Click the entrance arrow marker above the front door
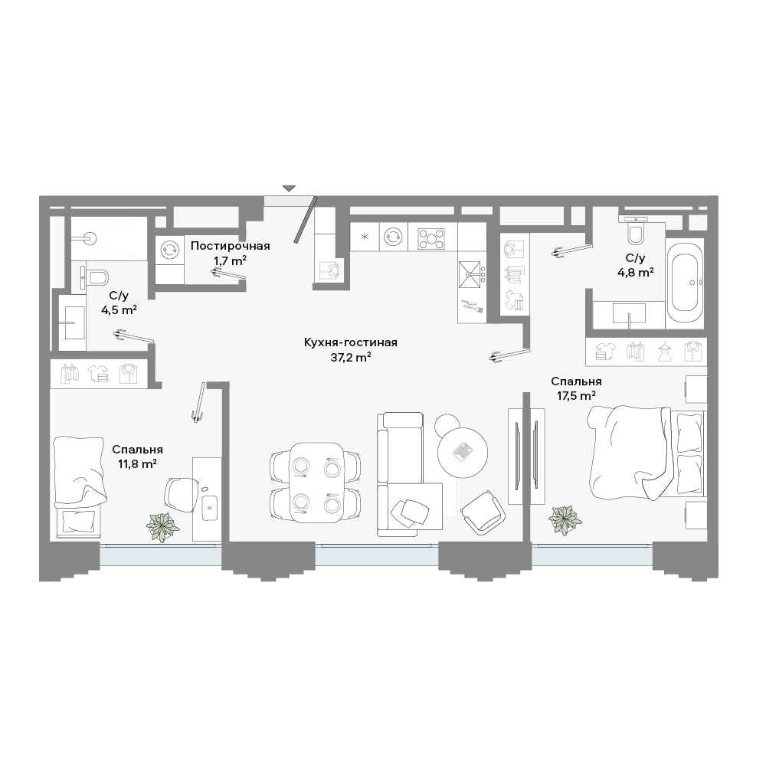click(x=290, y=188)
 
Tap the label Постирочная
click(x=230, y=246)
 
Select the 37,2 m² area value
click(x=351, y=358)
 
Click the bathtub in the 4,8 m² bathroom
click(x=685, y=283)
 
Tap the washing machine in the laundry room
click(x=170, y=250)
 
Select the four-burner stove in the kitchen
click(x=432, y=239)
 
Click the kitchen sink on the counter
click(x=471, y=274)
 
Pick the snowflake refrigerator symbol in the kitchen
click(x=364, y=238)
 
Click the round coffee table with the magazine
click(x=463, y=453)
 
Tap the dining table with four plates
click(x=316, y=482)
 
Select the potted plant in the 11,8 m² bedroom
click(x=162, y=527)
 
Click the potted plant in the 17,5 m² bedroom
click(x=565, y=520)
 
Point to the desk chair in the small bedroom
click(x=182, y=494)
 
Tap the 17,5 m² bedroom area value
click(x=576, y=396)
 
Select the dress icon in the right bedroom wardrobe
click(x=665, y=352)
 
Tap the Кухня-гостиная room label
click(x=351, y=342)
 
